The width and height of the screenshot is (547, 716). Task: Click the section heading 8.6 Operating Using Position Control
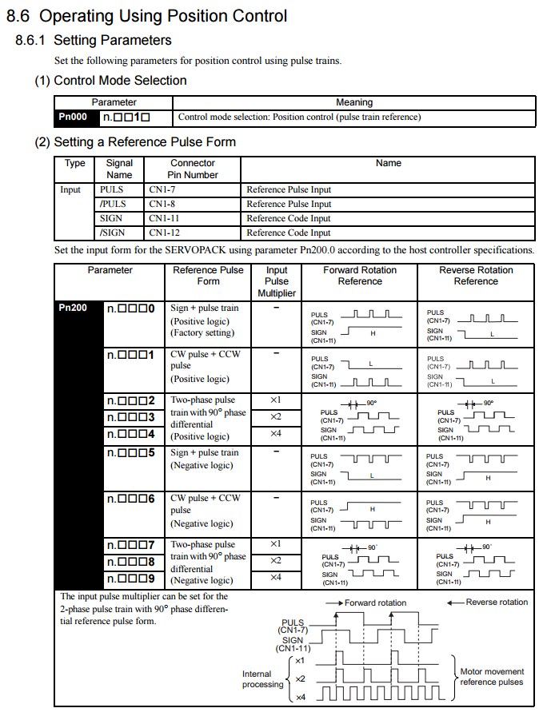146,14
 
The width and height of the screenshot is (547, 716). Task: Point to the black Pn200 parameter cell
78,308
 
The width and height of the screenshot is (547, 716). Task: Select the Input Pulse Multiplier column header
276,281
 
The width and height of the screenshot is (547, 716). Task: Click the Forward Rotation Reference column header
360,276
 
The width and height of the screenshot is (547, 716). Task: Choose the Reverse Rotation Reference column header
476,276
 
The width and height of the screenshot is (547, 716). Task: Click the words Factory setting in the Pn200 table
201,332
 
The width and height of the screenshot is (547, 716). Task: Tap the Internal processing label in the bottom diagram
262,679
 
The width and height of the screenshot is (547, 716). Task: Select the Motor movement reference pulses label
492,677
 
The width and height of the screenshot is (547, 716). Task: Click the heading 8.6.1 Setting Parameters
94,40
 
